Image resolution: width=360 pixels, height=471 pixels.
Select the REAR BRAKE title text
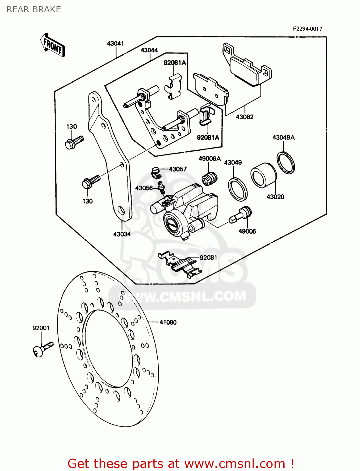pyautogui.click(x=34, y=9)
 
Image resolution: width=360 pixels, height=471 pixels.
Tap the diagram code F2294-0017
pyautogui.click(x=307, y=29)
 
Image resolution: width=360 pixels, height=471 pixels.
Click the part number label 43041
pyautogui.click(x=115, y=43)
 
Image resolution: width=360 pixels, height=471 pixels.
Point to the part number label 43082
pyautogui.click(x=244, y=117)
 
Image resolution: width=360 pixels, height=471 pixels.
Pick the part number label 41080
pyautogui.click(x=168, y=322)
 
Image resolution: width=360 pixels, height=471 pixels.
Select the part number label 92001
pyautogui.click(x=41, y=328)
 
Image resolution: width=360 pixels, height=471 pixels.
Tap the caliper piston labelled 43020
pyautogui.click(x=263, y=176)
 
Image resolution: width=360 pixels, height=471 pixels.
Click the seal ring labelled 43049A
pyautogui.click(x=286, y=163)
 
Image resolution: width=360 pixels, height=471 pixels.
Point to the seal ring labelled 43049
pyautogui.click(x=237, y=189)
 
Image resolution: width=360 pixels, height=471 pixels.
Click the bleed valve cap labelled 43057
pyautogui.click(x=155, y=171)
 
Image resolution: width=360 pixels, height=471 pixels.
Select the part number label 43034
pyautogui.click(x=122, y=234)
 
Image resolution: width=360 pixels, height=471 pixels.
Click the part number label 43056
pyautogui.click(x=144, y=188)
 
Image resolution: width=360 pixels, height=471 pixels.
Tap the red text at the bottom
pyautogui.click(x=181, y=463)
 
